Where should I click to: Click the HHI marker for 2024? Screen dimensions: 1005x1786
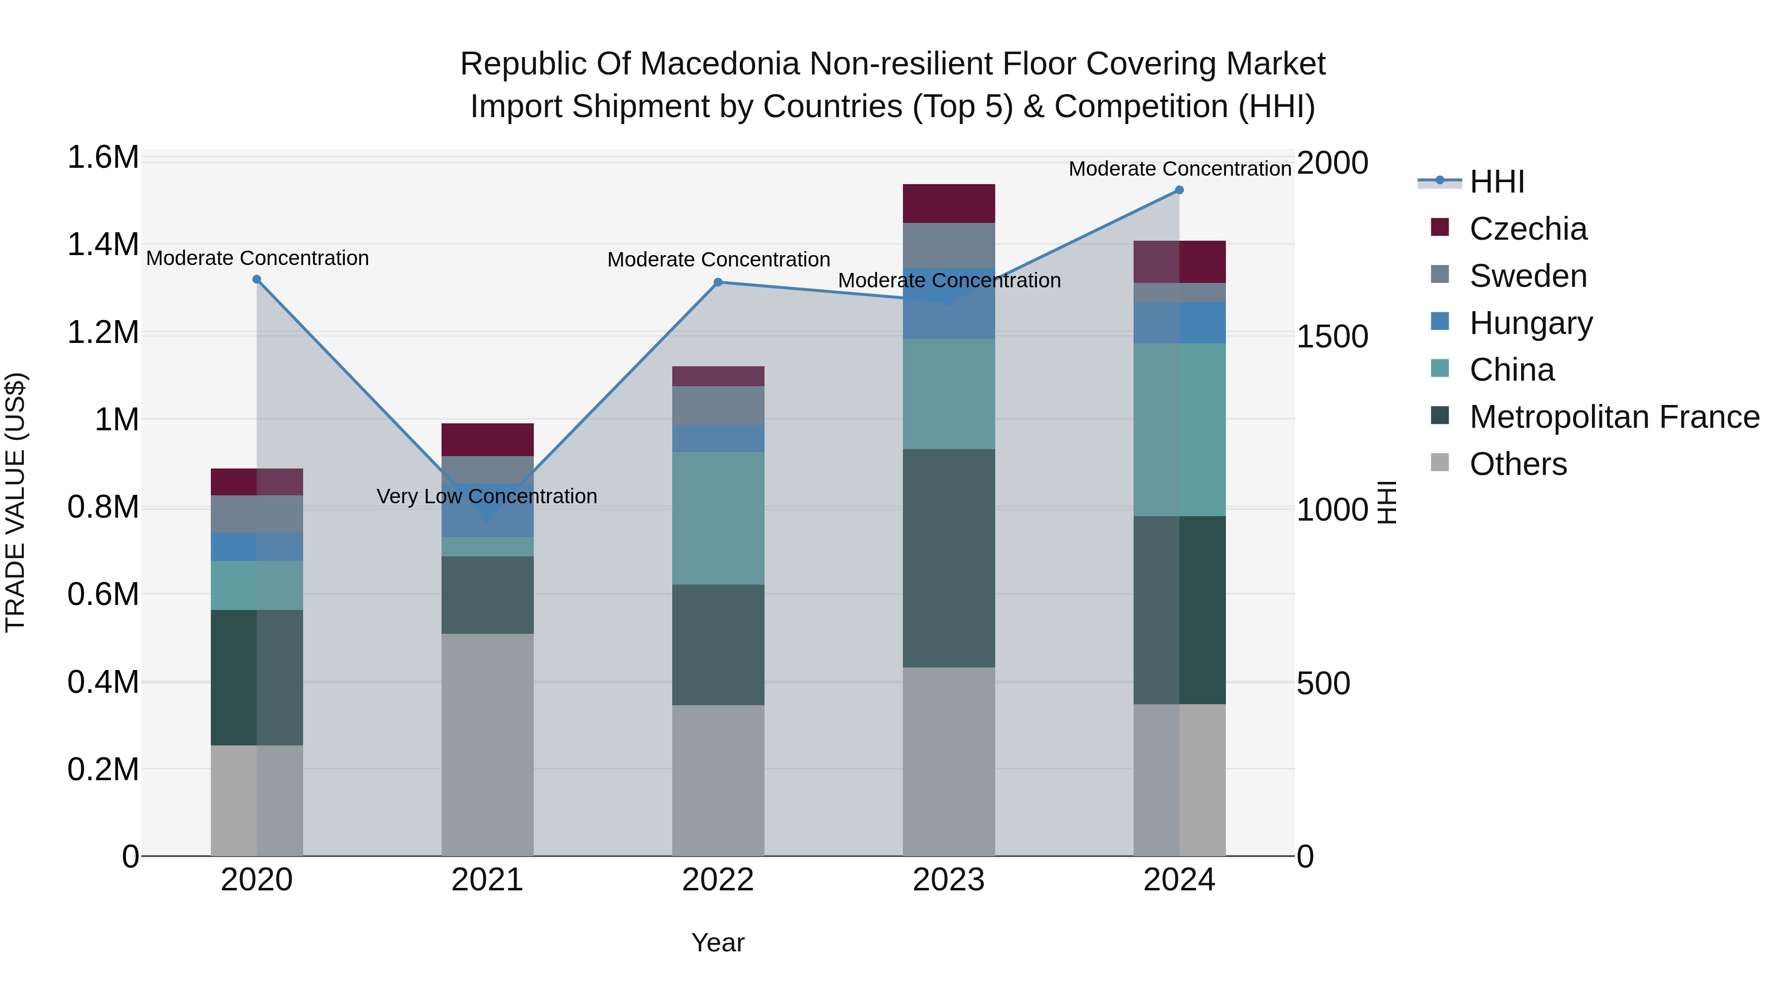tap(1179, 190)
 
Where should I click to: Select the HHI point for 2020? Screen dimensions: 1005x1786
tap(256, 279)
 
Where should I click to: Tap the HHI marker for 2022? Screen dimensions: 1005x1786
tap(718, 282)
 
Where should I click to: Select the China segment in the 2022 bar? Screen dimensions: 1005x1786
tap(718, 518)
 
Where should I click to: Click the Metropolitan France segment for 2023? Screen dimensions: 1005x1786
tap(949, 558)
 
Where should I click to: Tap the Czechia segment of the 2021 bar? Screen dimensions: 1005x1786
tap(487, 439)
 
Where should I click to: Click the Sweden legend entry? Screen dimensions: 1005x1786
tap(1528, 276)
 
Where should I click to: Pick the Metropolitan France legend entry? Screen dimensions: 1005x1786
tap(1613, 417)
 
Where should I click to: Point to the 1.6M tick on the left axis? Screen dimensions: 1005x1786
tap(103, 157)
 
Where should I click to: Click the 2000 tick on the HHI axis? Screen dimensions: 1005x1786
tap(1332, 163)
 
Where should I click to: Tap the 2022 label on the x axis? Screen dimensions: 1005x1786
tap(718, 880)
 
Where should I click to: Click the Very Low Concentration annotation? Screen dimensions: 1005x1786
tap(487, 497)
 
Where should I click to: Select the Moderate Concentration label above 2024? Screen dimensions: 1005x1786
tap(1179, 169)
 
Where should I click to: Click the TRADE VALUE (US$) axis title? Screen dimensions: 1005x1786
tap(15, 502)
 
